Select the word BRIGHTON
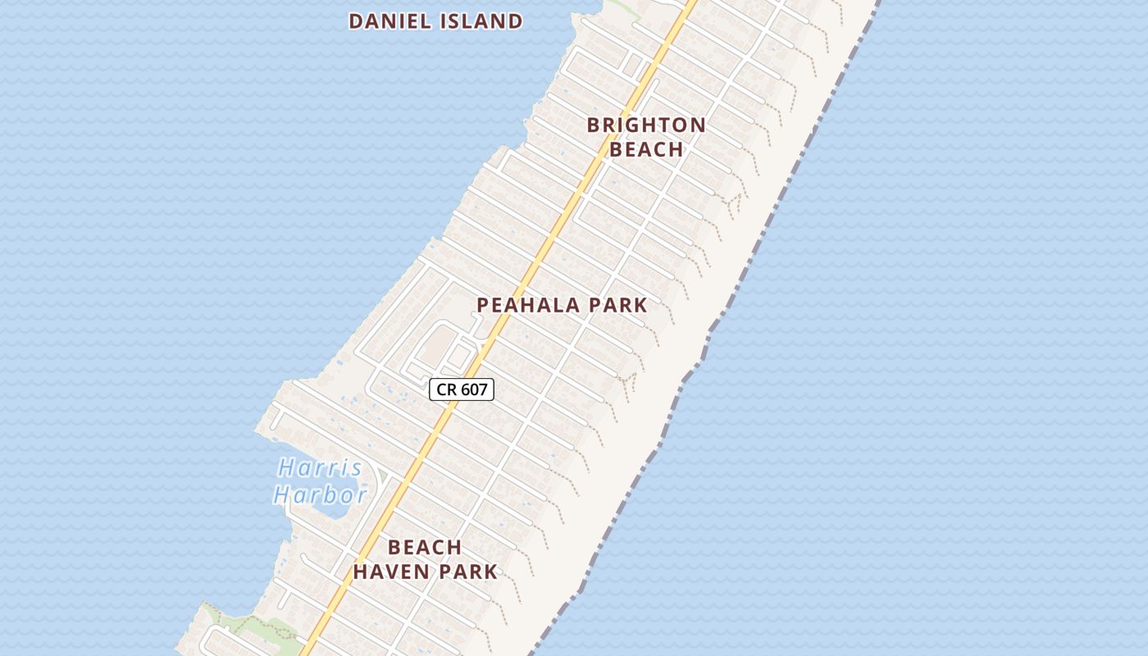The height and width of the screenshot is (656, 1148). point(646,125)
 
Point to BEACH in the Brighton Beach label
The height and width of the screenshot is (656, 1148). point(646,149)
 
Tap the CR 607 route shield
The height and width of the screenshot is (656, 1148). point(462,389)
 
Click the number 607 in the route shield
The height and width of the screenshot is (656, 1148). point(473,389)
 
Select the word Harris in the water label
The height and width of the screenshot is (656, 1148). point(320,468)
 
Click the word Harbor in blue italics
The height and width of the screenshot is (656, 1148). point(320,495)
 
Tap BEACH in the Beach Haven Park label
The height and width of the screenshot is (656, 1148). point(425,547)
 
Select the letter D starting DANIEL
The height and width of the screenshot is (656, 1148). point(356,21)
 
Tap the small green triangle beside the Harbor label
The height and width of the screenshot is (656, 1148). point(382,476)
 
